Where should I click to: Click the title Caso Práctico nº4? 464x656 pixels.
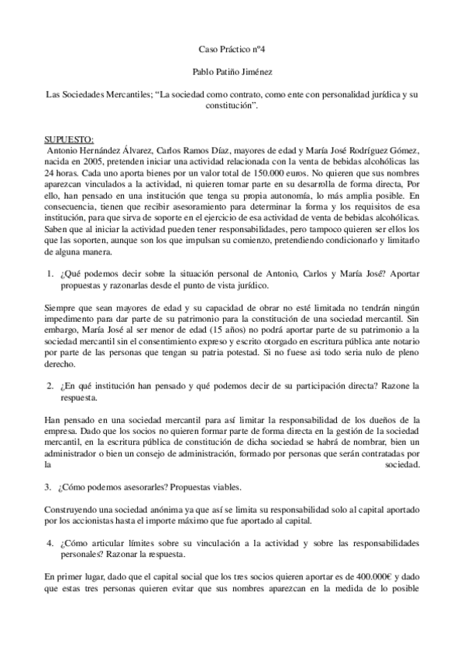232,48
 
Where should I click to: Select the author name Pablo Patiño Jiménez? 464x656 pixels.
232,70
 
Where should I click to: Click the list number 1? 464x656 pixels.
51,274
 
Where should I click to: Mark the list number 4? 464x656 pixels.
51,543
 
